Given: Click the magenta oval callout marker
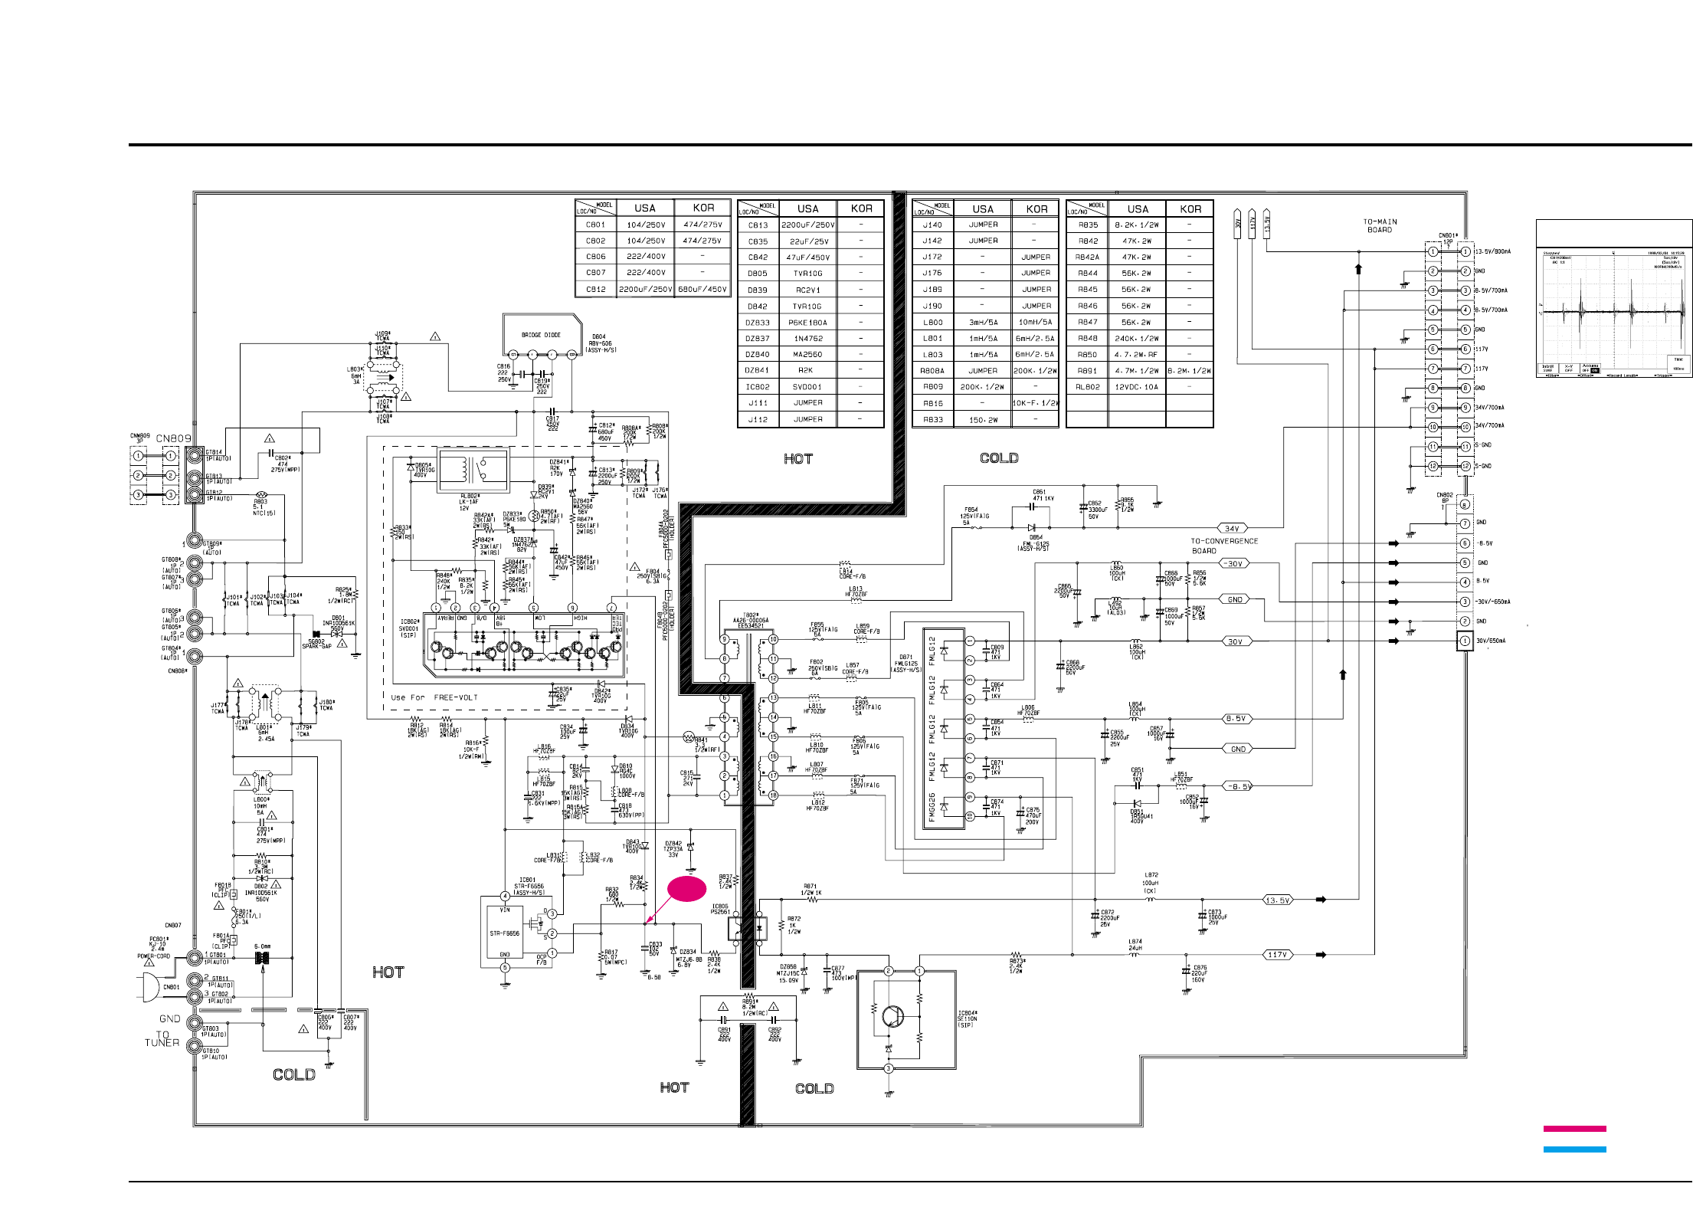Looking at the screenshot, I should point(687,888).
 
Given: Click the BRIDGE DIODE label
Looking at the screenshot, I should point(541,335).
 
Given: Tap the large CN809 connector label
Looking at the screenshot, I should point(174,439).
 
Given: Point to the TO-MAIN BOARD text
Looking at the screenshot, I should point(1380,225).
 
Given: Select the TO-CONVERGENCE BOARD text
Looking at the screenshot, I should point(1223,546).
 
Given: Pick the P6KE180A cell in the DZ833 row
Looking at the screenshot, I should point(807,323).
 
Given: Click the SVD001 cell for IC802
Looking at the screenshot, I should point(807,387).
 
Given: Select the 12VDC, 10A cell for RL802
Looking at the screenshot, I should point(1137,387).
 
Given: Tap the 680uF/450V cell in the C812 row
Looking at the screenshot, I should point(702,290).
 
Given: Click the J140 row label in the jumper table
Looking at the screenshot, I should point(932,225).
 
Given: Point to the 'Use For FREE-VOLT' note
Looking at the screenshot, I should point(434,697).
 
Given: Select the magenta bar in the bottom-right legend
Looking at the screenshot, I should point(1574,1129).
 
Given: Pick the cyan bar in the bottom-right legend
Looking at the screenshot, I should point(1574,1149).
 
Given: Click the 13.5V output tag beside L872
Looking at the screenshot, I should point(1277,900).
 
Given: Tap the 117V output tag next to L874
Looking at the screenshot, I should point(1277,955).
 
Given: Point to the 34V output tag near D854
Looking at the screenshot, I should point(1232,529).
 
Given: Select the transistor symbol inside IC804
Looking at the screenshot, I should point(892,1016).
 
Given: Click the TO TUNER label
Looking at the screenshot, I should point(162,1038).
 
